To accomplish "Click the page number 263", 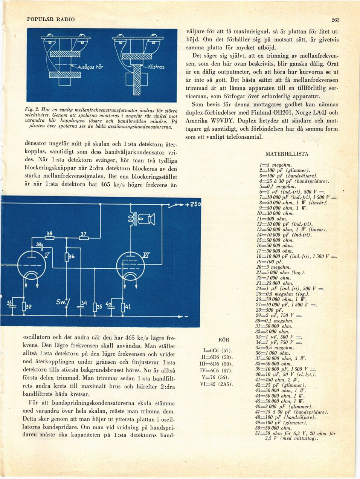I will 336,20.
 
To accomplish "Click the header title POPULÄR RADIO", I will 51,19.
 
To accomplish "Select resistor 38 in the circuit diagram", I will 49,238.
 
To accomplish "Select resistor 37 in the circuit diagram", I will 84,238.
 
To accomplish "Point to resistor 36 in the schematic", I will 67,257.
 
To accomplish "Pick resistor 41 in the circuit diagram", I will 122,307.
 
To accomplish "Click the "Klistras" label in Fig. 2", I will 156,67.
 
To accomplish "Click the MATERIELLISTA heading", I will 287,154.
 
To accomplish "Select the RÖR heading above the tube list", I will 224,340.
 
